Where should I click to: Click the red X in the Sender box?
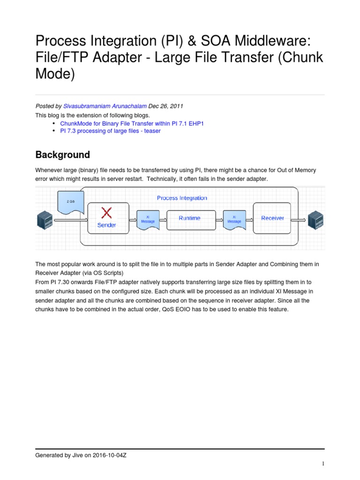[x=107, y=213]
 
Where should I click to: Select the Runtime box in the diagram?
[x=189, y=218]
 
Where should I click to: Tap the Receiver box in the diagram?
[x=272, y=218]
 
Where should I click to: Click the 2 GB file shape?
[x=70, y=202]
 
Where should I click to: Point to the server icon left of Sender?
[x=45, y=219]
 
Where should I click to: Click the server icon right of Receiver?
[x=315, y=219]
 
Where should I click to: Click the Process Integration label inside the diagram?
[x=181, y=198]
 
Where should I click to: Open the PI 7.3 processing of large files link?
[x=110, y=131]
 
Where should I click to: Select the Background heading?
[x=63, y=155]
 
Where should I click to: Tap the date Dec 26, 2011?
[x=164, y=106]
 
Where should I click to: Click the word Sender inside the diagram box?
[x=106, y=225]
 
